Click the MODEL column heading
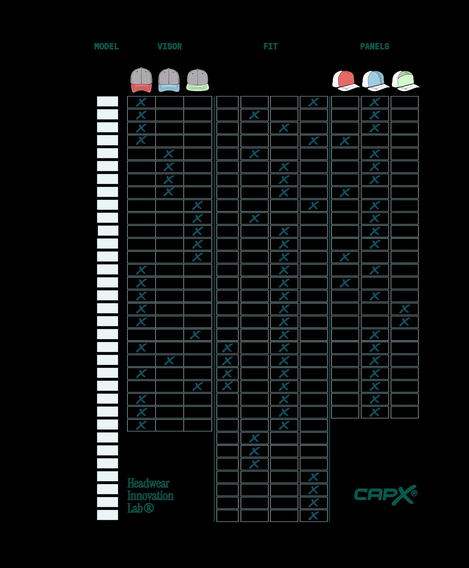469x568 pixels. [106, 47]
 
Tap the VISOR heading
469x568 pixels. [169, 47]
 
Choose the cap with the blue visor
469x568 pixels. [169, 80]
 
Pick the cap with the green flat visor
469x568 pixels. [198, 80]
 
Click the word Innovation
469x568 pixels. [150, 496]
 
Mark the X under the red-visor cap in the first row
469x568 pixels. [141, 102]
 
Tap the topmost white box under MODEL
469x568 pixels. [108, 101]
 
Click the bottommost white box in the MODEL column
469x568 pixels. [108, 515]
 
